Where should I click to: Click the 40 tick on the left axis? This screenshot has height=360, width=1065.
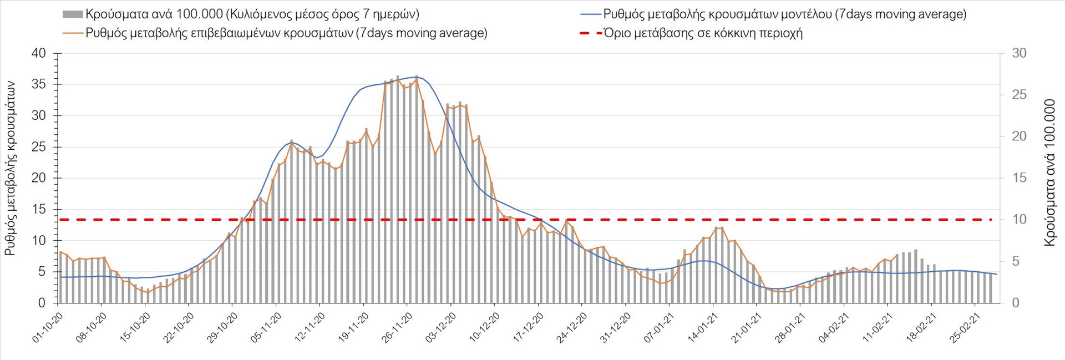click(39, 53)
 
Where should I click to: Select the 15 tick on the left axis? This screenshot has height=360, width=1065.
click(39, 209)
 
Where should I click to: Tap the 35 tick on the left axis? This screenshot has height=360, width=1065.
click(39, 84)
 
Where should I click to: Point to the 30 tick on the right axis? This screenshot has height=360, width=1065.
click(1019, 53)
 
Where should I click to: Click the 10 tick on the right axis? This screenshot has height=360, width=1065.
click(1019, 220)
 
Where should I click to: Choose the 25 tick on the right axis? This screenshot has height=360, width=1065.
click(1019, 95)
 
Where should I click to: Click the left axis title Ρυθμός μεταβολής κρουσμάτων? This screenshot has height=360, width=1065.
click(10, 168)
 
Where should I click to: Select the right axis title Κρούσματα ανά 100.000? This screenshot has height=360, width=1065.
click(1049, 173)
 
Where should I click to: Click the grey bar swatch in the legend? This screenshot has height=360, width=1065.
click(73, 14)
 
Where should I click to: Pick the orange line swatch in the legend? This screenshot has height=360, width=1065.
click(73, 33)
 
